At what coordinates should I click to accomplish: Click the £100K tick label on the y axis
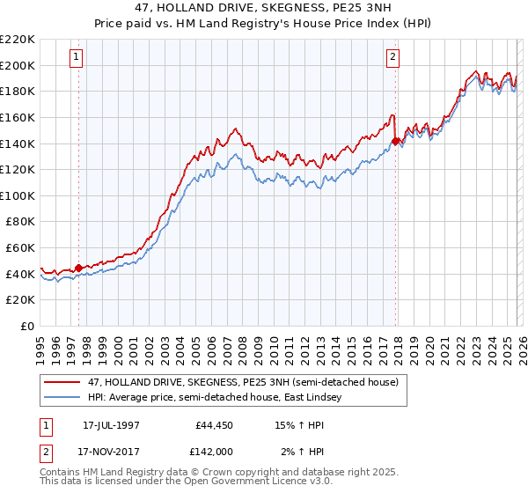coord(18,195)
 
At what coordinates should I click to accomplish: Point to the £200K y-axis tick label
coord(18,65)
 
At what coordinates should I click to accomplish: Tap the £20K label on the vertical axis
coord(20,300)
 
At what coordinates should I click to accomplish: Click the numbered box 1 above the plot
coord(77,58)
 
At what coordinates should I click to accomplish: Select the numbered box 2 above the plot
coord(392,58)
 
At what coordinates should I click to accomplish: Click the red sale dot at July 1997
coord(79,268)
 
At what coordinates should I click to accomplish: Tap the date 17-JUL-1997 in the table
coord(117,424)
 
